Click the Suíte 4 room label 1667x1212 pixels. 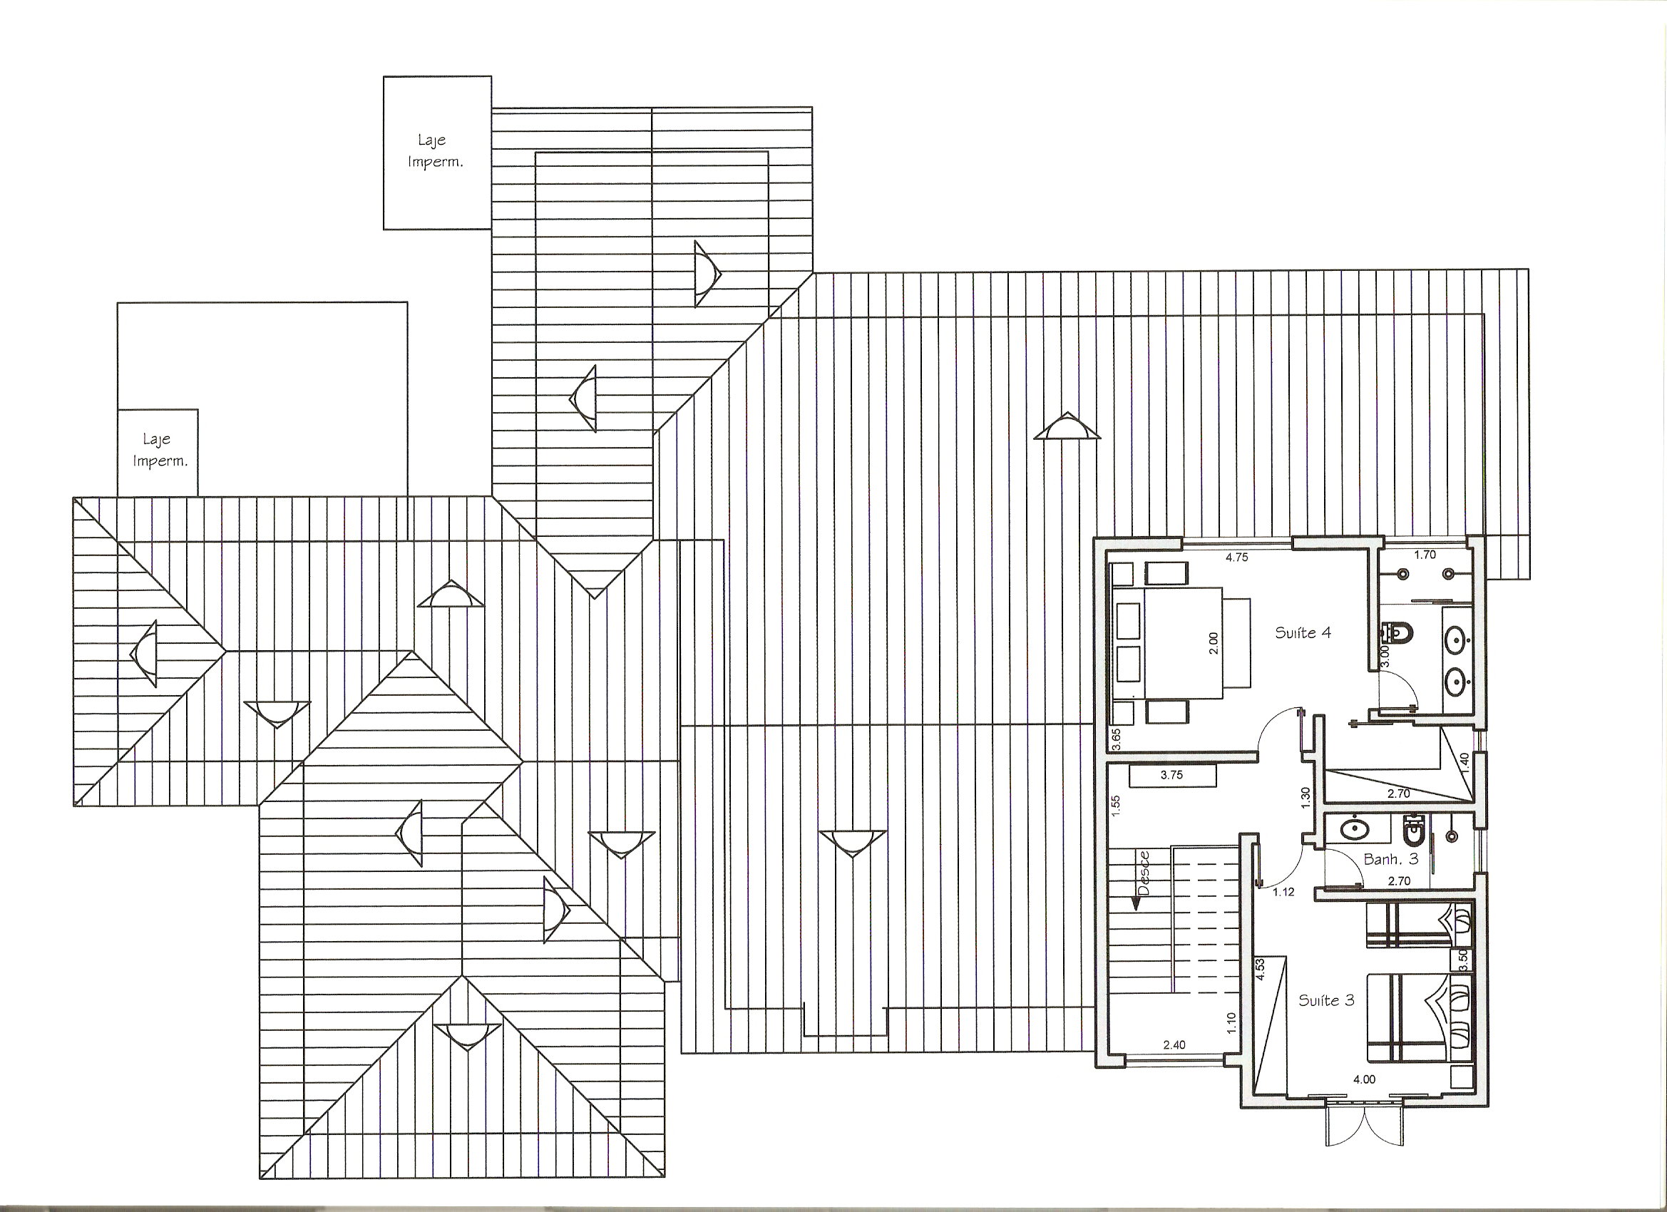[1303, 632]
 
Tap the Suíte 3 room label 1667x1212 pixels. [1327, 1000]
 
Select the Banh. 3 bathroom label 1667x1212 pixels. [1390, 858]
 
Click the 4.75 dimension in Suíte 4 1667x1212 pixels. [1237, 558]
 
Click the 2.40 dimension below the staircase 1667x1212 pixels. [1174, 1044]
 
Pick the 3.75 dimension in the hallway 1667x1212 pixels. [1171, 775]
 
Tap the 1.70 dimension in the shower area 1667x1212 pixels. [1425, 555]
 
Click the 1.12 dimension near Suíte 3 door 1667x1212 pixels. [1283, 893]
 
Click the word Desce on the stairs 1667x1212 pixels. [1143, 874]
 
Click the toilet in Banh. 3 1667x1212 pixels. [1413, 831]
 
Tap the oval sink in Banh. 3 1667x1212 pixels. [1353, 830]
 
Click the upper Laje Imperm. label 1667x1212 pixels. [435, 150]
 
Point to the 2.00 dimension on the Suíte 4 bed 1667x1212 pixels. [1213, 643]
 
